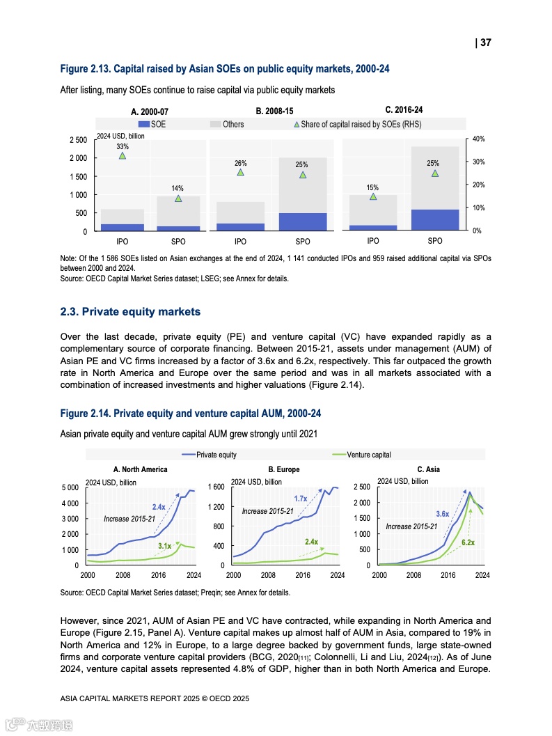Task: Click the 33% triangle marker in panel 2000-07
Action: pos(123,155)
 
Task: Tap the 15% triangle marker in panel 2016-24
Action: pos(373,196)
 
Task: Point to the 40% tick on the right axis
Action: pos(478,139)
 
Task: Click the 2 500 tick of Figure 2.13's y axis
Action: pos(78,140)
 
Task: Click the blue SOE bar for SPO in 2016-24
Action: pos(435,219)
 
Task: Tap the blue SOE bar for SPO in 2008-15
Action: pos(303,221)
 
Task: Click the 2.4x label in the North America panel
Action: pos(159,506)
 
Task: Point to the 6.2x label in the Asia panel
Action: pos(468,542)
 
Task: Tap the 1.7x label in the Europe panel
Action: pos(301,499)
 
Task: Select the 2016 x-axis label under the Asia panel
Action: pos(448,576)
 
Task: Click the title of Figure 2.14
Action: pos(191,414)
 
